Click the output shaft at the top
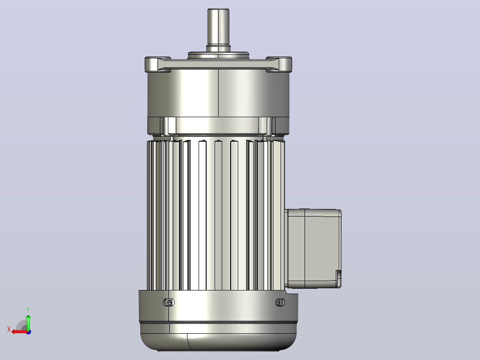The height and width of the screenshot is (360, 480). (218, 29)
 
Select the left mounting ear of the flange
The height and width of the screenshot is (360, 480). (157, 64)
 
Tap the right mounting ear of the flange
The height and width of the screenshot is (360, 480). (279, 64)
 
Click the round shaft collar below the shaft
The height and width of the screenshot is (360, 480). (218, 55)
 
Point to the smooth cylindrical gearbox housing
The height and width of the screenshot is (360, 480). (218, 93)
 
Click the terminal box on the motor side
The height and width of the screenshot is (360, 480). (313, 249)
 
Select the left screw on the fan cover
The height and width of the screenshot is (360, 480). (169, 303)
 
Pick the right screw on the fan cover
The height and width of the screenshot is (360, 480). (280, 303)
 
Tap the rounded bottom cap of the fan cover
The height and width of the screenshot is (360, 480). (218, 337)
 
